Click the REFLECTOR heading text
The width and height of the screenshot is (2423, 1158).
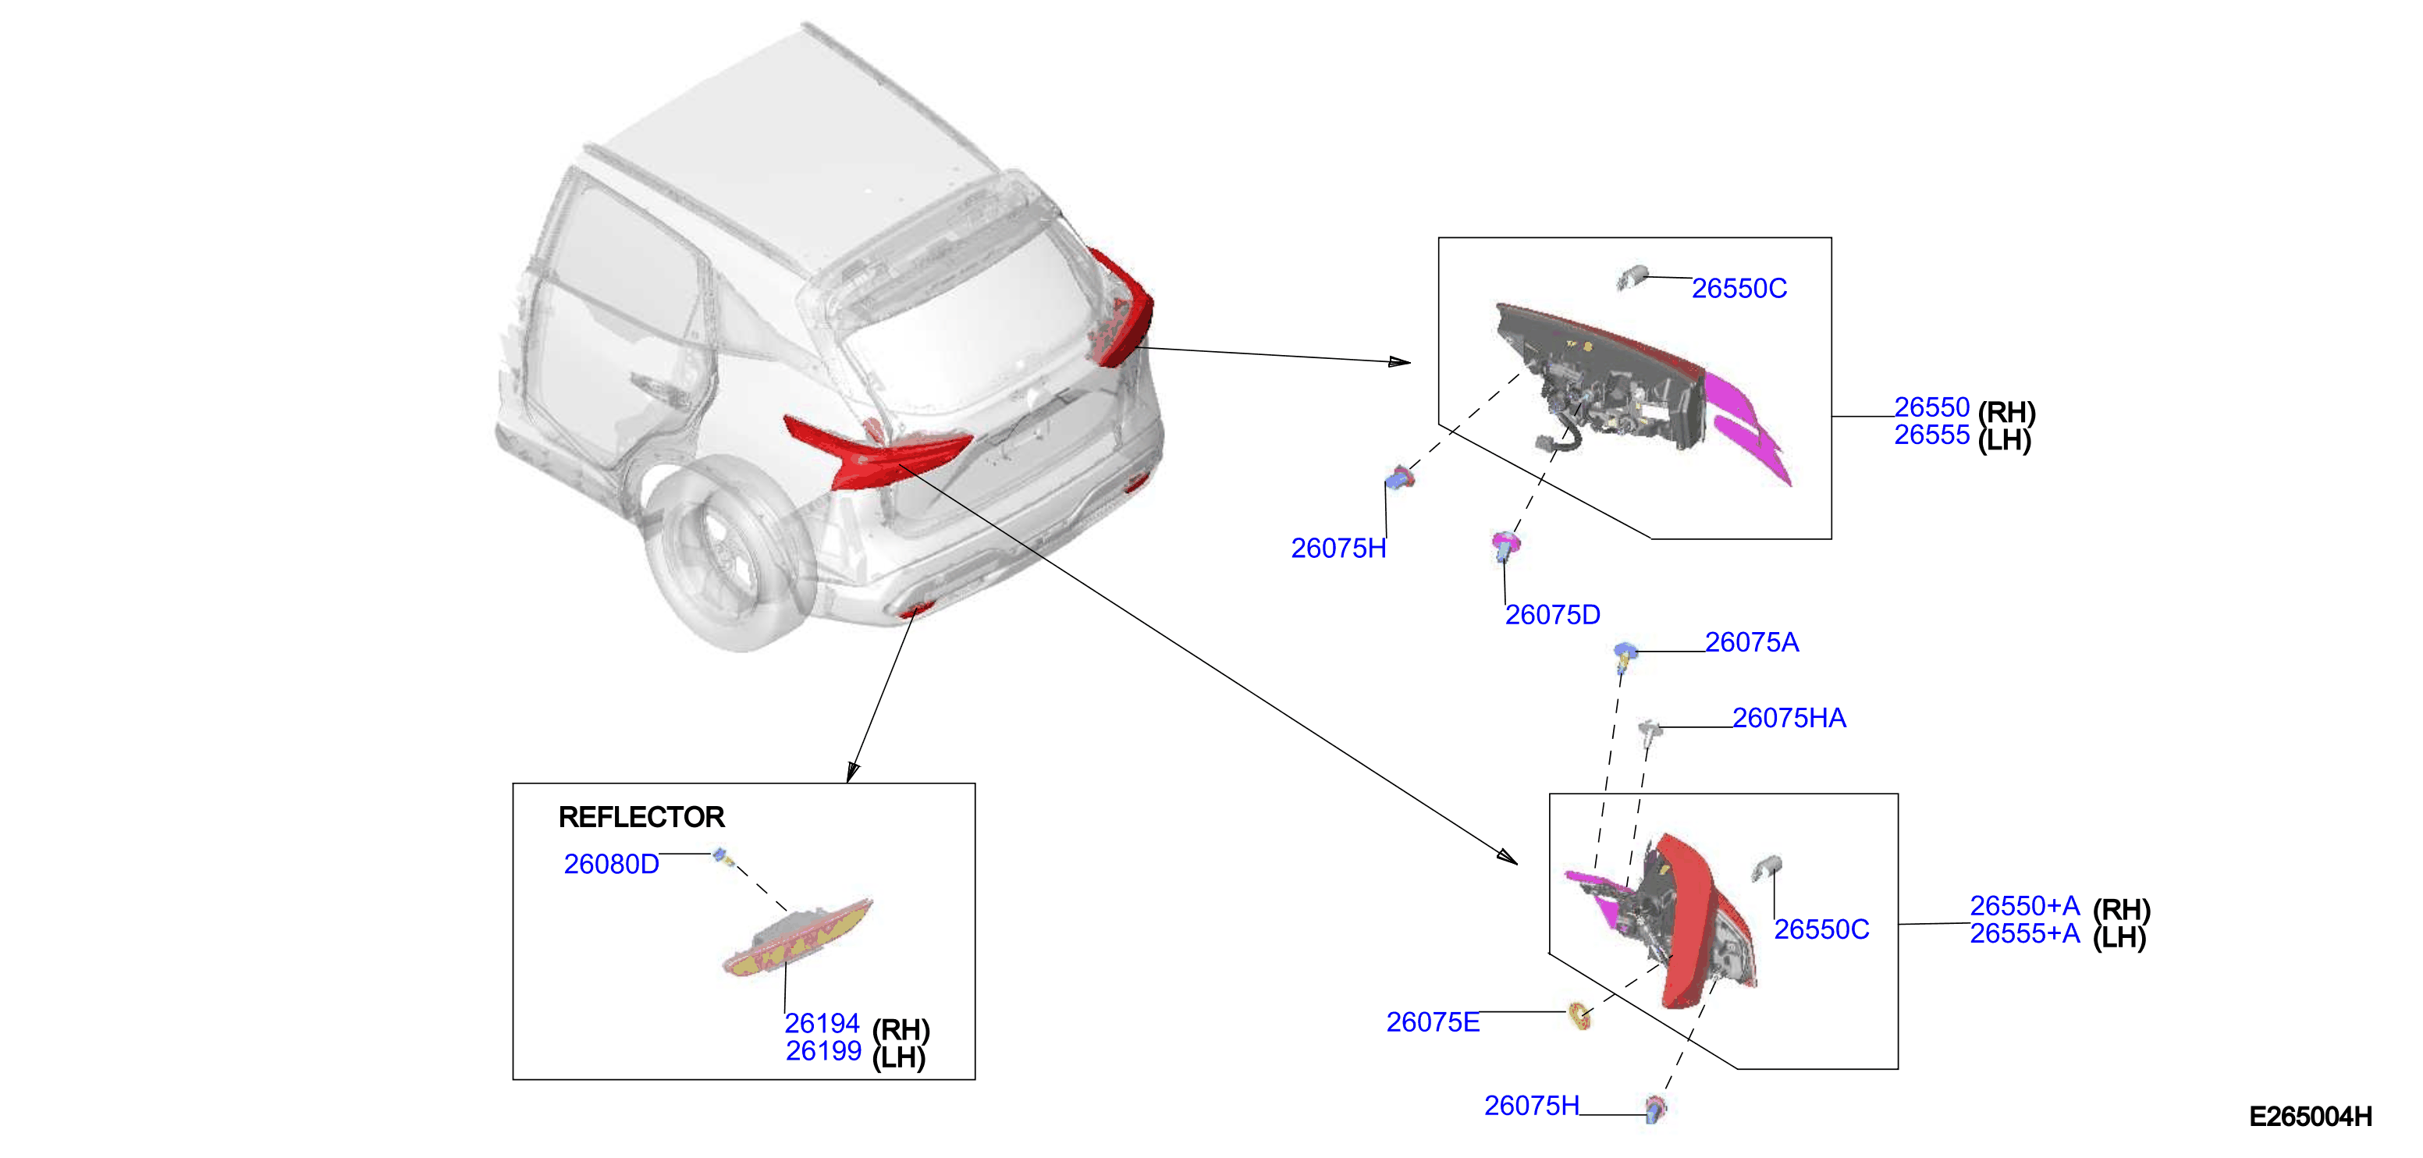(x=641, y=816)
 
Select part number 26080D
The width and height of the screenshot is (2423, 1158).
(x=611, y=864)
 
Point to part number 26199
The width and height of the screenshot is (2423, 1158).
(x=823, y=1051)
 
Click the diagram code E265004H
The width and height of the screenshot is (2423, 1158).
(x=2310, y=1117)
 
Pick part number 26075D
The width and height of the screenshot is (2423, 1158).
(x=1553, y=614)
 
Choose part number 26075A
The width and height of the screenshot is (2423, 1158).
(x=1751, y=642)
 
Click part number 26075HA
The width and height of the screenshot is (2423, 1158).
(x=1789, y=718)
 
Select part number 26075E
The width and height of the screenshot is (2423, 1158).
(x=1433, y=1021)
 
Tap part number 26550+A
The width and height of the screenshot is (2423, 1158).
(x=2024, y=905)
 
